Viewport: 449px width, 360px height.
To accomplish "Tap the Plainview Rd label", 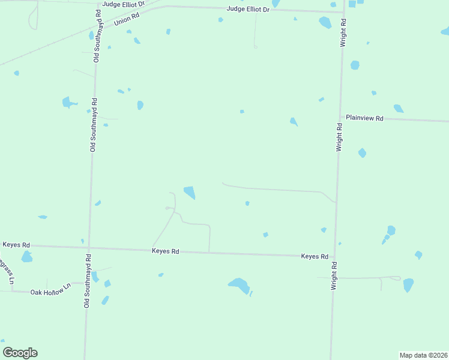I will tap(364, 119).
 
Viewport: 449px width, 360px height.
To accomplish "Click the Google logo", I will tap(20, 353).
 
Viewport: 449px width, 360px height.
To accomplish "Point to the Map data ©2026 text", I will tap(423, 355).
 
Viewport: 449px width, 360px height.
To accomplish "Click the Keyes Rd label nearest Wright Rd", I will tap(315, 256).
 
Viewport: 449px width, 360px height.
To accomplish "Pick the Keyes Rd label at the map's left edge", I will tap(16, 245).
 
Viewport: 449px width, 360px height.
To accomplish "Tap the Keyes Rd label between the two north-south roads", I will tap(166, 251).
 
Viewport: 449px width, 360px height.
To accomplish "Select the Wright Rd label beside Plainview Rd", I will tap(339, 137).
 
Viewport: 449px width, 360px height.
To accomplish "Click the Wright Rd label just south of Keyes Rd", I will tap(334, 276).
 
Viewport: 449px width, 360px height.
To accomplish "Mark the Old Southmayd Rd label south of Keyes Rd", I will tap(88, 282).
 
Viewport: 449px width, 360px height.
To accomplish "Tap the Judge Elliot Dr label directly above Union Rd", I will tap(124, 4).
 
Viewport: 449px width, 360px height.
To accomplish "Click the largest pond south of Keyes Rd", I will tap(240, 285).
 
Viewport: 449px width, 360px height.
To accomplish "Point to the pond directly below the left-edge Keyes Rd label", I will tap(26, 257).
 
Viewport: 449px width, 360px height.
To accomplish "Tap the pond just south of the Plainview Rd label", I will tap(362, 152).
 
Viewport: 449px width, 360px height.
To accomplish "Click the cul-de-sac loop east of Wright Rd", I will tap(396, 277).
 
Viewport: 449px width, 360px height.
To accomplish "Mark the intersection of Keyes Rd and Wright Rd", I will tap(333, 257).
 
